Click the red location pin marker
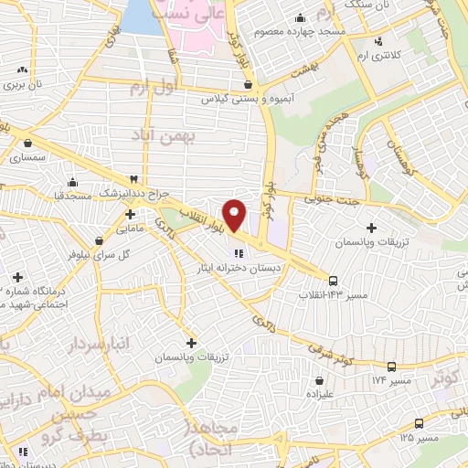click(x=235, y=215)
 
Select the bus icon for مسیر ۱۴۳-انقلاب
click(x=333, y=281)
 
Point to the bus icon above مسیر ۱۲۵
click(x=419, y=423)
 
